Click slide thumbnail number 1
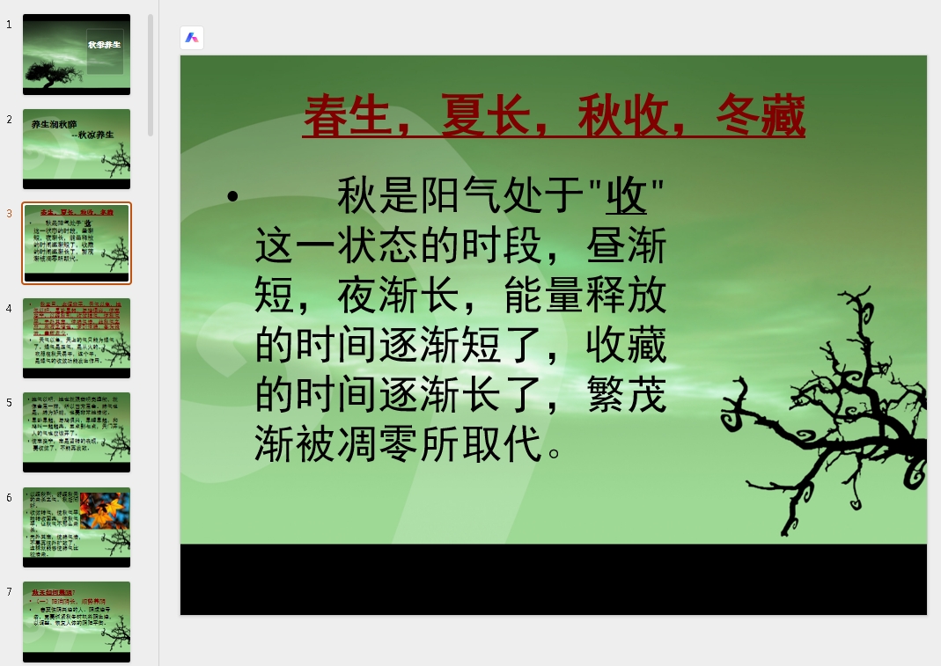tap(77, 54)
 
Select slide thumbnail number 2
tap(77, 149)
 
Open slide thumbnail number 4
tap(77, 338)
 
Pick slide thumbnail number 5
tap(77, 432)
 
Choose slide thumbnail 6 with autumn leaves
tap(77, 527)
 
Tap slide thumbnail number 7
tap(77, 621)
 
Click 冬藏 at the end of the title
tap(761, 116)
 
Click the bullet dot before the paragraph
tap(232, 196)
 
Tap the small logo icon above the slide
tap(192, 38)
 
